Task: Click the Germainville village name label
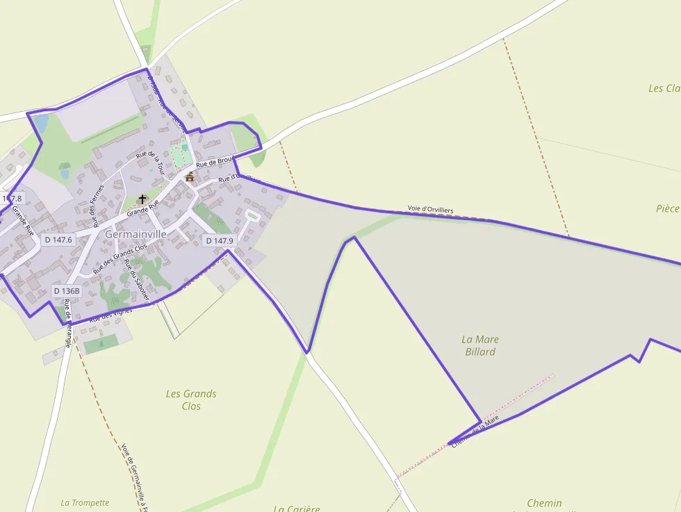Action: click(x=136, y=235)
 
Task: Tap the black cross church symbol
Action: click(x=142, y=199)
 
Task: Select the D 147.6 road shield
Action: click(x=58, y=240)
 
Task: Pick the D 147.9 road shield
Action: click(x=220, y=241)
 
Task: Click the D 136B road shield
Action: click(x=67, y=291)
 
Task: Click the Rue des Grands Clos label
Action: click(x=120, y=257)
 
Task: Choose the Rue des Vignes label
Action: click(x=110, y=315)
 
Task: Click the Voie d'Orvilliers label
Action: click(x=431, y=209)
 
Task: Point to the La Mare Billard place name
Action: click(x=480, y=345)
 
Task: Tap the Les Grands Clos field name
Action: click(x=191, y=399)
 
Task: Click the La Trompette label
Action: click(x=85, y=503)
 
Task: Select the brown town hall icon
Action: click(x=190, y=177)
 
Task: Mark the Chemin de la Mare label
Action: click(x=475, y=431)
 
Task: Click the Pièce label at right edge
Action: click(x=667, y=208)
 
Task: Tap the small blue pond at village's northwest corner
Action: click(x=40, y=123)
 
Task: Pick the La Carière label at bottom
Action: click(x=297, y=508)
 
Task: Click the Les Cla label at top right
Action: click(x=664, y=88)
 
